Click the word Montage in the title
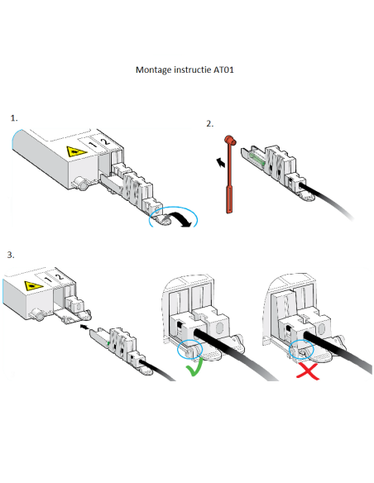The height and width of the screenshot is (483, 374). click(x=154, y=70)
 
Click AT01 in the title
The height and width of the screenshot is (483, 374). click(x=223, y=69)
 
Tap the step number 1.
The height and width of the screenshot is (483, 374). click(x=14, y=118)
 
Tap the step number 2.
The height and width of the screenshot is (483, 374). click(x=210, y=124)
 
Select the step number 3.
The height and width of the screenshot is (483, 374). click(x=11, y=255)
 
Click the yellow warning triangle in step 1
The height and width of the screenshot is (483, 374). click(x=76, y=151)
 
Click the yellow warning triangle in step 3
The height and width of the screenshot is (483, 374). click(x=34, y=286)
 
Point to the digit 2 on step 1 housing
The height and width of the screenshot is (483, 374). click(x=106, y=141)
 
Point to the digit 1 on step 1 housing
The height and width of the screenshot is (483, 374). click(x=93, y=144)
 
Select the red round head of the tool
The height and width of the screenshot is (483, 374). click(x=230, y=140)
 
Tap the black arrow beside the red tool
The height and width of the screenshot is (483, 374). click(x=221, y=162)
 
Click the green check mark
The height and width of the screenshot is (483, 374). click(x=194, y=366)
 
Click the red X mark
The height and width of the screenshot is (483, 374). click(x=307, y=371)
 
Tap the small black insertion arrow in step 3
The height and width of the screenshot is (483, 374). click(x=84, y=326)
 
